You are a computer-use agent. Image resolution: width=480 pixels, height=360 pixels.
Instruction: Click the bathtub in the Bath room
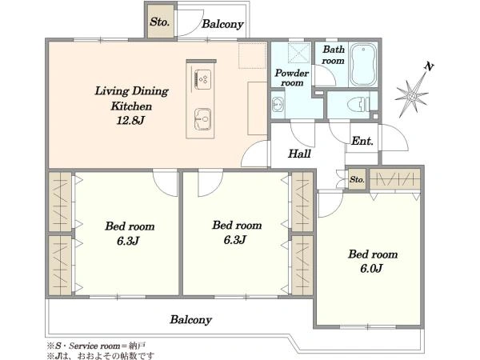(363, 65)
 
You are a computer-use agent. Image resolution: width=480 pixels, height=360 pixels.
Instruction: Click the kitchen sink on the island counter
(202, 118)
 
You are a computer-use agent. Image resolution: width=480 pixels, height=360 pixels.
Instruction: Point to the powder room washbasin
(278, 104)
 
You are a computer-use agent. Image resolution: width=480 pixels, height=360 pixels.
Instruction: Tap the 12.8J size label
(130, 120)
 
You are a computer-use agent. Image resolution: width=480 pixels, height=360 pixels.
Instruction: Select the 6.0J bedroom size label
(371, 269)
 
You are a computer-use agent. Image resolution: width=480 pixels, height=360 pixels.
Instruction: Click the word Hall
(300, 154)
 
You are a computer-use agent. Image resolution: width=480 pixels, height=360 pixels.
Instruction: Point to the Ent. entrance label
(362, 141)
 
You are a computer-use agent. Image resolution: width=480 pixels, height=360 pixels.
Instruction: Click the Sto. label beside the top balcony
(159, 22)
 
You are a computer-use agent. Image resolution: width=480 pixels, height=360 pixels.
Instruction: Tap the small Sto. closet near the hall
(357, 179)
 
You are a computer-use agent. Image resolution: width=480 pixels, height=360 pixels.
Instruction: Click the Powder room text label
(292, 78)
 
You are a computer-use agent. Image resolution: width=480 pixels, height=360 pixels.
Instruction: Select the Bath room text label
(333, 54)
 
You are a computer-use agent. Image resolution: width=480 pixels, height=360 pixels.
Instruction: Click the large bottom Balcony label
(190, 319)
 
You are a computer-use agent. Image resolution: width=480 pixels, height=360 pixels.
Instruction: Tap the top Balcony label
(222, 24)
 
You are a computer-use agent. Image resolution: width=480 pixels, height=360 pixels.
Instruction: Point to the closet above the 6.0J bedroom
(394, 178)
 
